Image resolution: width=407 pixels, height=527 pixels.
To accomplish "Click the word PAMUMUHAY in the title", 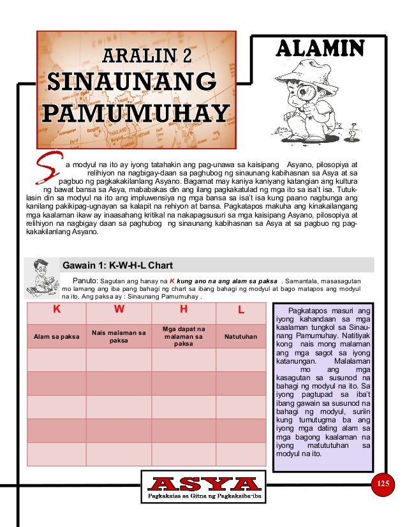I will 136,113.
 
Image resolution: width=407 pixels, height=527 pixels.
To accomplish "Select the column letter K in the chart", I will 56,309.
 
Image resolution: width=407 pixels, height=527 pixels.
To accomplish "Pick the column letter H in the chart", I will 183,309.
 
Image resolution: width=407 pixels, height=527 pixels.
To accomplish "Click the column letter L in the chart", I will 241,309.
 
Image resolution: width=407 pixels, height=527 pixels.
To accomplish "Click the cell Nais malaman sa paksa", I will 119,336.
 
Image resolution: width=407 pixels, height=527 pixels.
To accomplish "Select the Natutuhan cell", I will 241,336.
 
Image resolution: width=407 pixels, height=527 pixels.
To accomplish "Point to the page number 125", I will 382,483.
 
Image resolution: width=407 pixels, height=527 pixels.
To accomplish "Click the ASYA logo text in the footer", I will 203,484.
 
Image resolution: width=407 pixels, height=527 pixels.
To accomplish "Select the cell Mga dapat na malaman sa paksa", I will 183,336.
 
